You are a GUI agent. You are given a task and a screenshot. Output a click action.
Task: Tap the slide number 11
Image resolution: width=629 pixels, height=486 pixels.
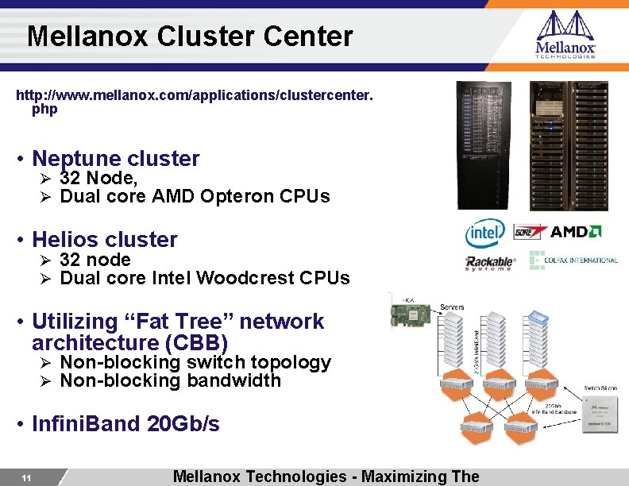(x=26, y=478)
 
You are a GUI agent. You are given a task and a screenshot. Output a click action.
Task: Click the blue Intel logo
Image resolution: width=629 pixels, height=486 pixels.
(x=484, y=233)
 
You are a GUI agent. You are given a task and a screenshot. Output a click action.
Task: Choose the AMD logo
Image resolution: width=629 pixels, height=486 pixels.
(x=577, y=232)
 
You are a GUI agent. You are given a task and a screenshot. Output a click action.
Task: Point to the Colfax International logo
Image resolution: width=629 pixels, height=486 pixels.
(x=573, y=260)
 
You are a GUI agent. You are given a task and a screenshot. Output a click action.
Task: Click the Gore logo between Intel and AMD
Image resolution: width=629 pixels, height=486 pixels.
(x=530, y=232)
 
